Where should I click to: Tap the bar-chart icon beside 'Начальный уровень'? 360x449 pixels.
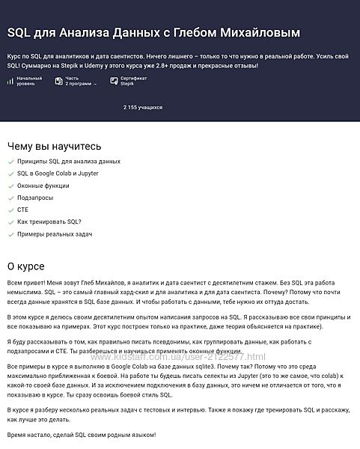(10, 81)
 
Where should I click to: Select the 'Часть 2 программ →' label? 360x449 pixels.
(81, 81)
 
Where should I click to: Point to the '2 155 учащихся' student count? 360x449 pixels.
(143, 108)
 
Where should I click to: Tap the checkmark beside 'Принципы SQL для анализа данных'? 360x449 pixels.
(10, 161)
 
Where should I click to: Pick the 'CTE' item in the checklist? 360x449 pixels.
(22, 210)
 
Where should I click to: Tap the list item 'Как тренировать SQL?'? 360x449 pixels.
(49, 222)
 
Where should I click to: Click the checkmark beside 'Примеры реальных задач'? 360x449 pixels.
(10, 234)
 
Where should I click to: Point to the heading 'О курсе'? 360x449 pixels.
(25, 266)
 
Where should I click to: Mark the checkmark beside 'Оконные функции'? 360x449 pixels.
(10, 186)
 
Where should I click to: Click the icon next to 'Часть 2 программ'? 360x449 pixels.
(58, 81)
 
